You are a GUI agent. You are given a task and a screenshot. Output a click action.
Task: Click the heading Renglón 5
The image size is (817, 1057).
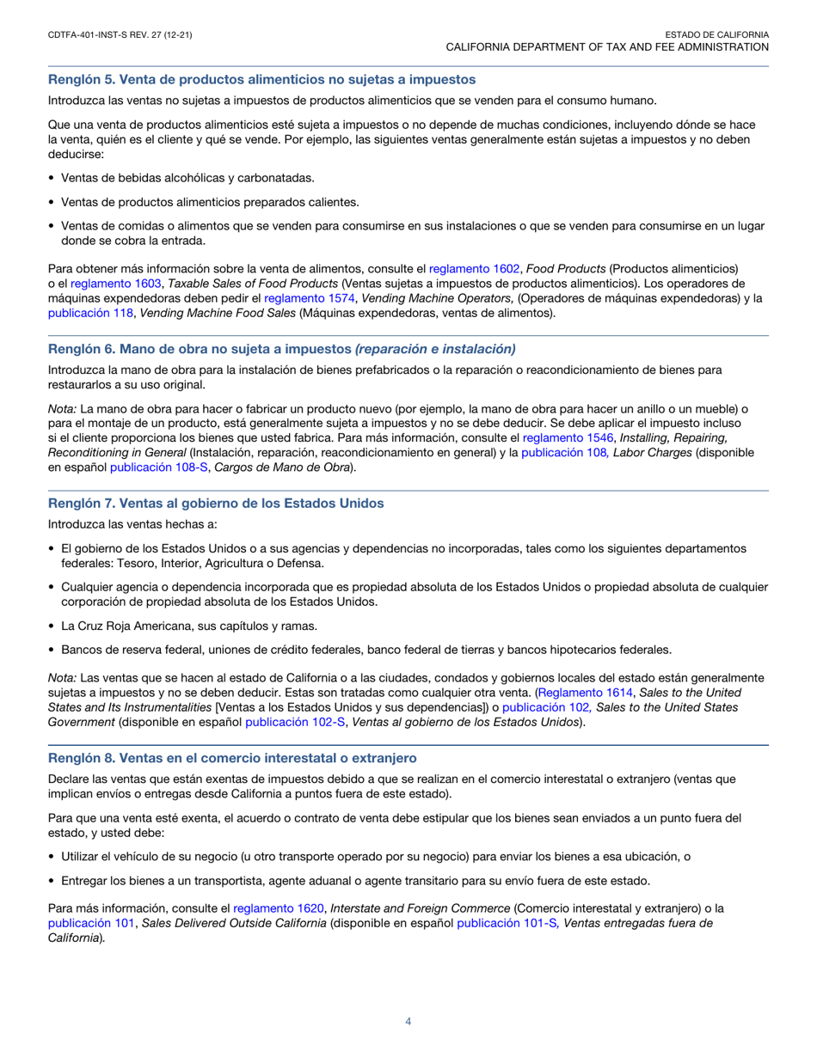pos(261,80)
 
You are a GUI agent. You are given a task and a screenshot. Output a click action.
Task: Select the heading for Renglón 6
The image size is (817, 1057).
pos(281,348)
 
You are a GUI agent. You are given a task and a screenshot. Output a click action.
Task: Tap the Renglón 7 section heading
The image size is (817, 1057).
pos(216,503)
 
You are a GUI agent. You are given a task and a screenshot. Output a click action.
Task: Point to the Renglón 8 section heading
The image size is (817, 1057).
pos(232,757)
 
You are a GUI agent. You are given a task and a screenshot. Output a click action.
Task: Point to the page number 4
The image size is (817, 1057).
pos(408,1022)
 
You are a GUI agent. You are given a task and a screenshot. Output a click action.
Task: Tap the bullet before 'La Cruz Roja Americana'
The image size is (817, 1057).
pos(52,626)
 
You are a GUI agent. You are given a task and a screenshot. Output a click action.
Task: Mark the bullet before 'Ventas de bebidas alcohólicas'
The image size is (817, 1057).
pos(52,178)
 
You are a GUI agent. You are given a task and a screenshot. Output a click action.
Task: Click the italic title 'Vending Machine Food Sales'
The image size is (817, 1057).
pos(218,313)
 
